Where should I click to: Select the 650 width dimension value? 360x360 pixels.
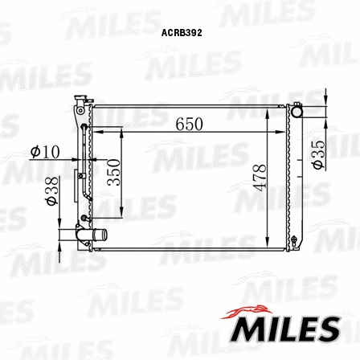pyautogui.click(x=190, y=125)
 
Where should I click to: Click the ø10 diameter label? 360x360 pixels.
pyautogui.click(x=45, y=151)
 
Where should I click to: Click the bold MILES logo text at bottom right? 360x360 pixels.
pyautogui.click(x=286, y=329)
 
